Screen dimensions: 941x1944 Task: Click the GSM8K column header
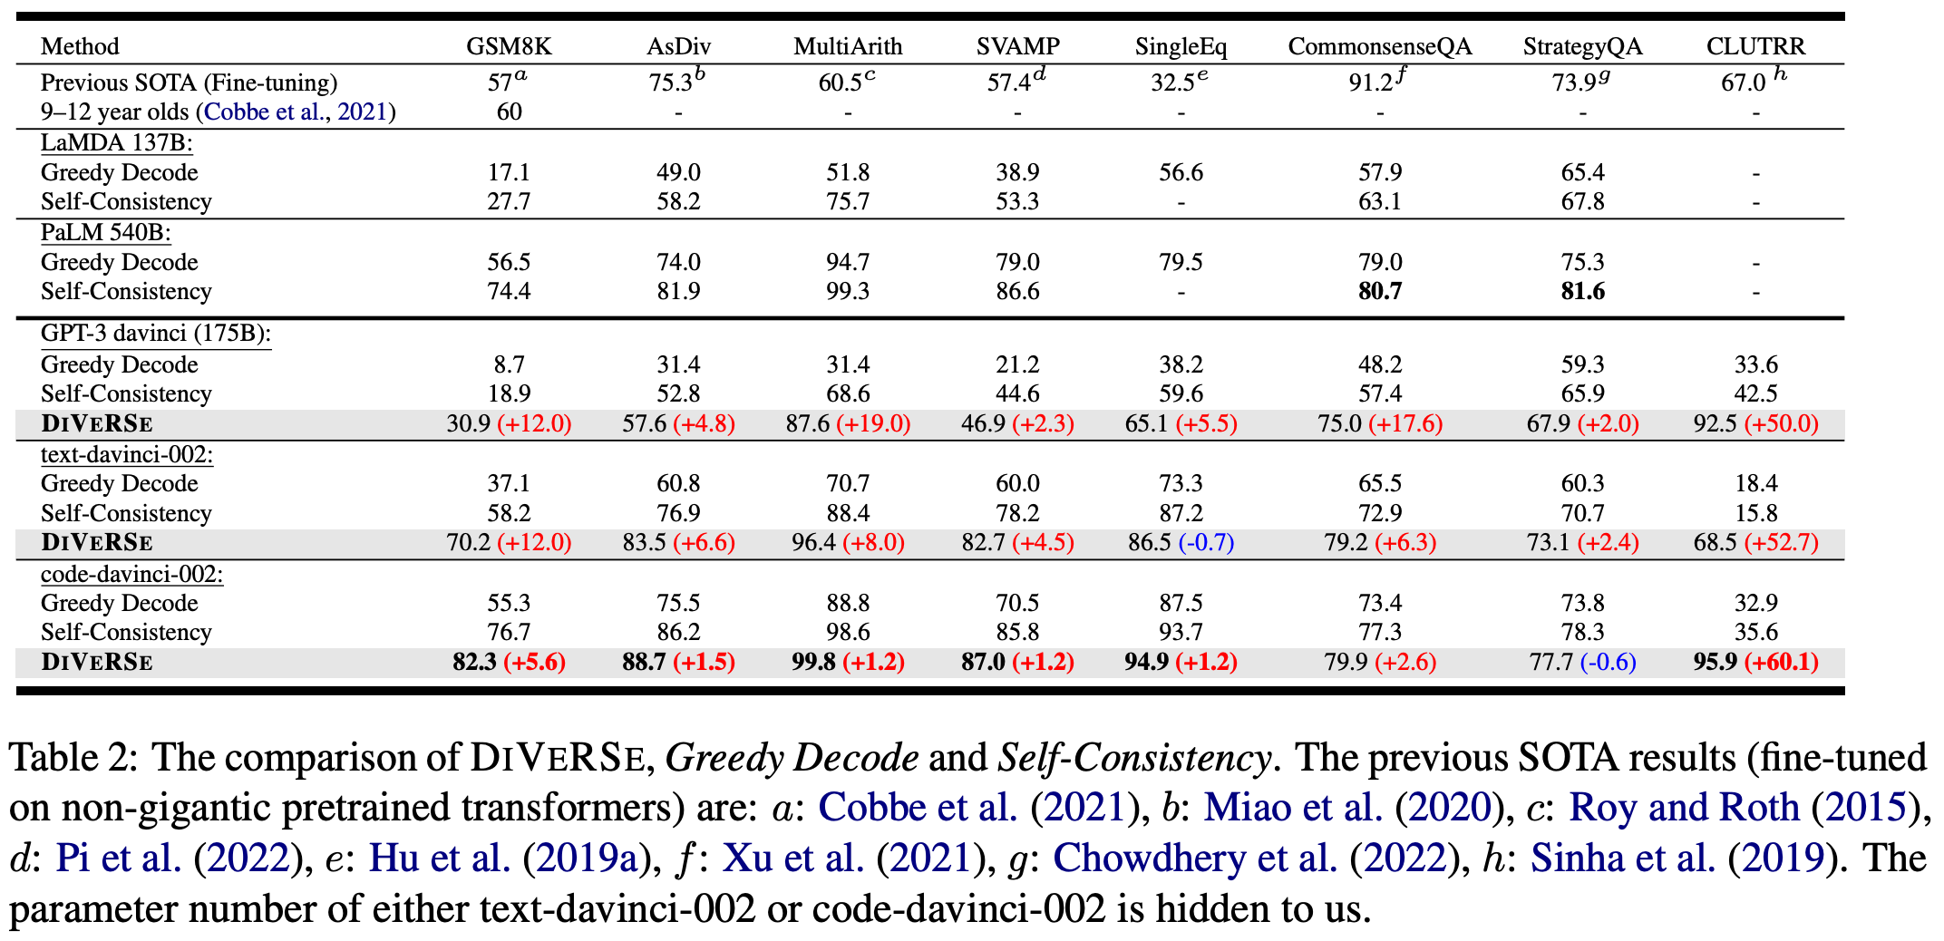[508, 46]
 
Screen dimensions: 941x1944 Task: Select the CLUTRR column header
[1755, 46]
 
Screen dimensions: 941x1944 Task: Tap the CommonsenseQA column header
[1379, 46]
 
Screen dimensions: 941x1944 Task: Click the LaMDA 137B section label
[116, 143]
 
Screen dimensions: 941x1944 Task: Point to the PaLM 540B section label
[105, 233]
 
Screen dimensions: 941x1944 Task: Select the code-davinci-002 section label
[131, 575]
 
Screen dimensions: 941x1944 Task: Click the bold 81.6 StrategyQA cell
[1582, 292]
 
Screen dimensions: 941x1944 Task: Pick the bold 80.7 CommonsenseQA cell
[1379, 292]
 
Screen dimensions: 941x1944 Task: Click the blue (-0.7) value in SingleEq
[1206, 543]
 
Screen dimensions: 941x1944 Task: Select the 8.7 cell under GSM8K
[508, 364]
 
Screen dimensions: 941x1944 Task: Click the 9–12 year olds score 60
[509, 112]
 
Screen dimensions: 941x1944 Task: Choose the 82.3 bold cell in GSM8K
[474, 663]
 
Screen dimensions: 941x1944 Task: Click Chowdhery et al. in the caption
[1195, 859]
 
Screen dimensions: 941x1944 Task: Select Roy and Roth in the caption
[1684, 808]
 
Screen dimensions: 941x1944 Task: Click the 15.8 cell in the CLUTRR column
[1755, 514]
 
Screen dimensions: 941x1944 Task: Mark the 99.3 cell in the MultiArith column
[848, 292]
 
